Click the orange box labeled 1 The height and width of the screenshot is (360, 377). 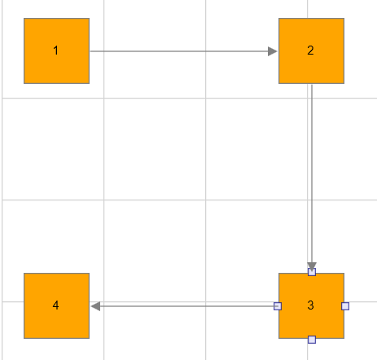(x=56, y=50)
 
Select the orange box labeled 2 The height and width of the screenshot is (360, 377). (x=311, y=50)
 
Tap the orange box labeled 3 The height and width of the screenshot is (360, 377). (x=311, y=305)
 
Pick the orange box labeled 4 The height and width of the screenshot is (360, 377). (x=56, y=305)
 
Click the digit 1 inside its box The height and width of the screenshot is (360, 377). (x=56, y=50)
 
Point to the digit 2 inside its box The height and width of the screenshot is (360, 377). (x=310, y=50)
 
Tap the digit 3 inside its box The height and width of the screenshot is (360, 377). (x=310, y=305)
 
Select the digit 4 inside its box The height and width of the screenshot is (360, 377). (x=55, y=305)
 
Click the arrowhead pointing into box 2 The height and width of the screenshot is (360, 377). (x=273, y=51)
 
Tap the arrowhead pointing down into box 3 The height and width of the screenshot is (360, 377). (x=312, y=266)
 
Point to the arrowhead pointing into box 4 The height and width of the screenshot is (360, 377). (x=95, y=306)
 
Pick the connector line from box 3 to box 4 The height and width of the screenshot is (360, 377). (x=184, y=306)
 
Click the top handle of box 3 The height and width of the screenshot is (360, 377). (x=312, y=272)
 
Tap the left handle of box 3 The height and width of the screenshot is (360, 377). (x=278, y=306)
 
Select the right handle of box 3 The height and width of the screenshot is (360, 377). (x=345, y=306)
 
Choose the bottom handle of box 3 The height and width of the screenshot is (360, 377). (x=312, y=340)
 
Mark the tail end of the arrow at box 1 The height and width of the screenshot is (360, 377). (x=90, y=51)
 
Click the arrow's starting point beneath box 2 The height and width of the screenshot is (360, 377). (x=312, y=85)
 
